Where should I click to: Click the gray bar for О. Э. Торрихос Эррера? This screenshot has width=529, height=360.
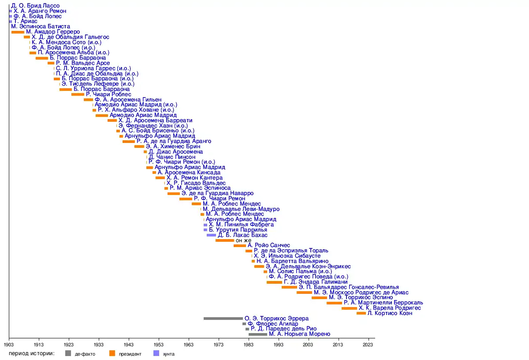coord(223,319)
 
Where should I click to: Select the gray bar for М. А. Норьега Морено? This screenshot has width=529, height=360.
coord(258,334)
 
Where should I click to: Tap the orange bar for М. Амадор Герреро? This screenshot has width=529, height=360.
coord(18,32)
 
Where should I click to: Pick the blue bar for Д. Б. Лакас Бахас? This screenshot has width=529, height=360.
coord(211,235)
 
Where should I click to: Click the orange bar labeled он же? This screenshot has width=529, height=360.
coord(225,240)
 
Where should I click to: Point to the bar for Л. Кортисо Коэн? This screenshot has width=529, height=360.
coord(361,313)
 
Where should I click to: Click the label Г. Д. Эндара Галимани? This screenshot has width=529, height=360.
coord(316,282)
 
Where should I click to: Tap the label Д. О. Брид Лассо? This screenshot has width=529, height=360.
coord(35,6)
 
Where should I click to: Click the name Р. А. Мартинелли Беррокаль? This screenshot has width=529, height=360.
coord(384,303)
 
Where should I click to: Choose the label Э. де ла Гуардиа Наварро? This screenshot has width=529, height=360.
coord(217,193)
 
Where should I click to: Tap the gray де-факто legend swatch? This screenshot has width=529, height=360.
coord(68,353)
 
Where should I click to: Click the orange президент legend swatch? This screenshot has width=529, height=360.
coord(112,353)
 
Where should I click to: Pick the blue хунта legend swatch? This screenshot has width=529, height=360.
coord(156,353)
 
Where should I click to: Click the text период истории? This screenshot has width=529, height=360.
coord(31,353)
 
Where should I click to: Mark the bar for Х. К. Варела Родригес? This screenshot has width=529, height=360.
coord(349,308)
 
